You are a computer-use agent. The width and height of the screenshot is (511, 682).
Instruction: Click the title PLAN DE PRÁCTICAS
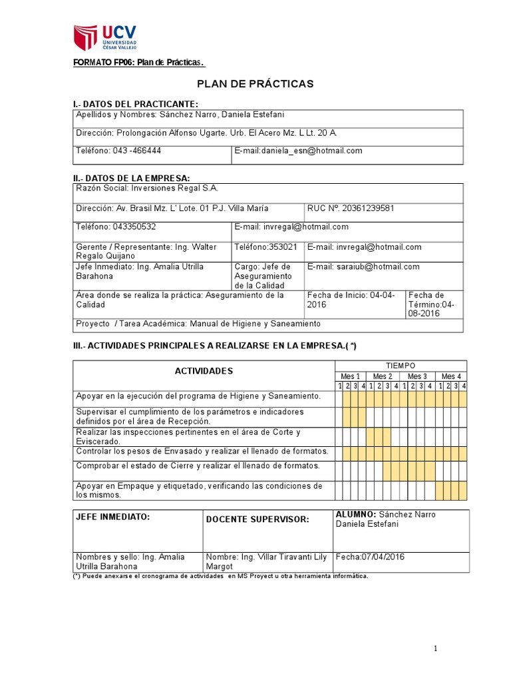255,84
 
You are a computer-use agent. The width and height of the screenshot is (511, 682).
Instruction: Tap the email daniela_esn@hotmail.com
298,151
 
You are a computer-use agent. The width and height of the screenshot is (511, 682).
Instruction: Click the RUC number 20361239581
351,208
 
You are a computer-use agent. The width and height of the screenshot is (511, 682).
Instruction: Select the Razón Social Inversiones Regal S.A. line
147,188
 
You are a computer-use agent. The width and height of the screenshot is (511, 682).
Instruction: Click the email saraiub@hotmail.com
363,266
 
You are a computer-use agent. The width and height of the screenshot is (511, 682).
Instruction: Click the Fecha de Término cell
433,304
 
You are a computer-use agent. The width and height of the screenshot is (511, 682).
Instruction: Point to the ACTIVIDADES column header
204,371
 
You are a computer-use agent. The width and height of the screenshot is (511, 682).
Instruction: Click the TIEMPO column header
401,366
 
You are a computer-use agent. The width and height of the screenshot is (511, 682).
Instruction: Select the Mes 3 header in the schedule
417,376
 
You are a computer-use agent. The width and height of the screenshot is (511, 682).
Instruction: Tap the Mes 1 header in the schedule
350,376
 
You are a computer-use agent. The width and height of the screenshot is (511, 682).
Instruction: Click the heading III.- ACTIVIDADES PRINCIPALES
215,345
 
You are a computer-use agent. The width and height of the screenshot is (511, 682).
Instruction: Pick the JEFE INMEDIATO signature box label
112,517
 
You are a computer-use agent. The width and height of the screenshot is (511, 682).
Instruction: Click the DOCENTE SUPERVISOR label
257,519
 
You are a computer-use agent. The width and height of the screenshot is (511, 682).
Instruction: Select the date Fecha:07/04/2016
370,557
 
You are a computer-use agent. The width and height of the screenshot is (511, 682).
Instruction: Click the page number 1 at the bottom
435,649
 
